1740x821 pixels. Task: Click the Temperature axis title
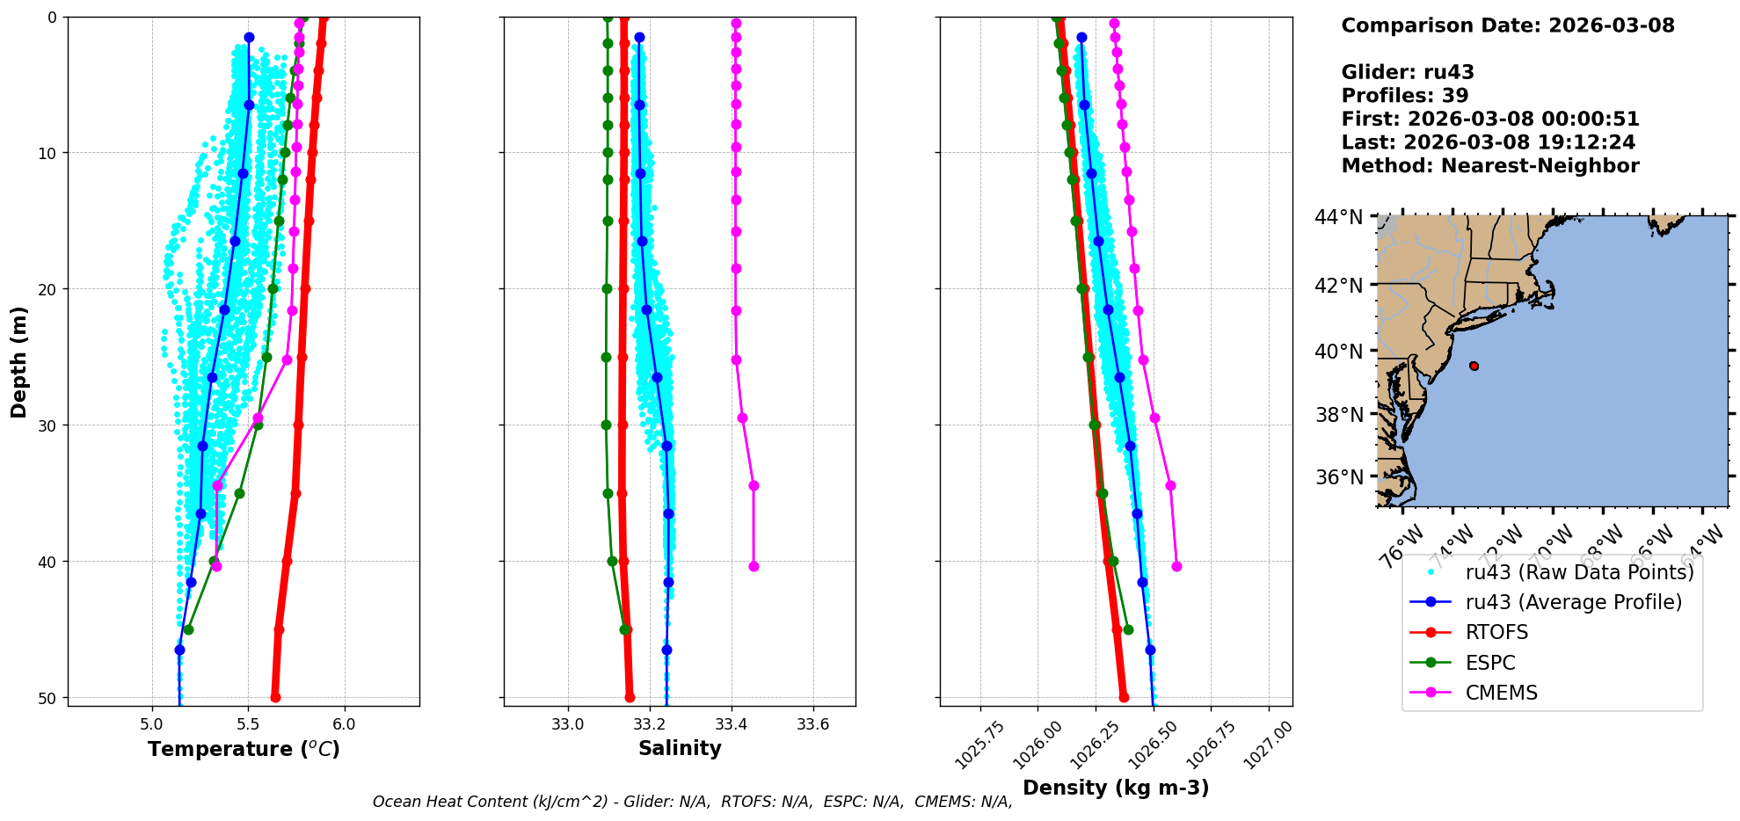[x=244, y=749]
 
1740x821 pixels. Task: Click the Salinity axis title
[x=680, y=748]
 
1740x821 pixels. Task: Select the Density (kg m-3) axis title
[x=1116, y=788]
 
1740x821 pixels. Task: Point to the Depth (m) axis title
[x=19, y=362]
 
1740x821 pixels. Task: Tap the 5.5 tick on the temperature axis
[x=248, y=725]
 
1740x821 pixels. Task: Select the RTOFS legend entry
[x=1496, y=633]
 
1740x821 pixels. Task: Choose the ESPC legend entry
[x=1490, y=663]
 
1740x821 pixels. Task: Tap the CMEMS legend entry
[x=1501, y=693]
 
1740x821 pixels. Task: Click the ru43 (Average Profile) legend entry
[x=1573, y=602]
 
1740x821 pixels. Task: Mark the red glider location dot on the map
[x=1474, y=366]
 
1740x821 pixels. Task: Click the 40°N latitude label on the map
[x=1339, y=352]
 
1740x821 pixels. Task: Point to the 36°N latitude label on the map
[x=1339, y=477]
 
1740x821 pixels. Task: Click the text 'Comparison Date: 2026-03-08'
[x=1508, y=25]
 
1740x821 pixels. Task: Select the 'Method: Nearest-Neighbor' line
[x=1490, y=166]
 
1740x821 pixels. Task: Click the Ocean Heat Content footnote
[x=692, y=802]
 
